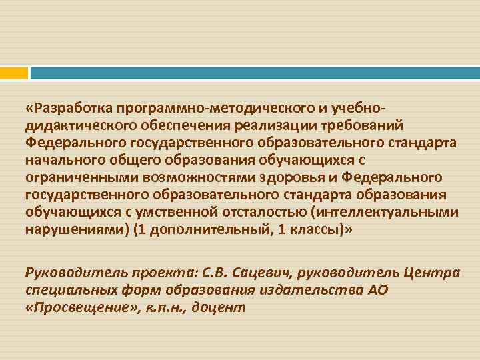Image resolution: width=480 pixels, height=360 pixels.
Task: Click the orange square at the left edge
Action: (14, 72)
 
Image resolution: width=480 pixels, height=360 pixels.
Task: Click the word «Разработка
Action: (67, 107)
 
